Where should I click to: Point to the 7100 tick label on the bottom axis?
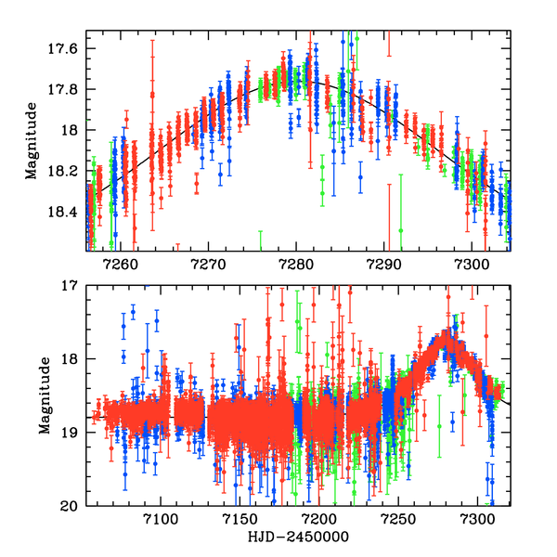pos(160,519)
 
